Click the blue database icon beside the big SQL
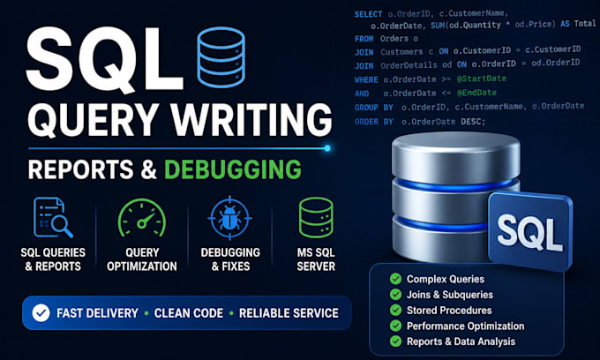(x=221, y=57)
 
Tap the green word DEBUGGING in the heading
(x=233, y=169)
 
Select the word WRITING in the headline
(x=251, y=119)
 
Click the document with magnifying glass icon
(x=53, y=217)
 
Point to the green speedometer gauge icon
(x=142, y=218)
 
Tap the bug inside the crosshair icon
(x=229, y=218)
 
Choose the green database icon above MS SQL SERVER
(x=316, y=218)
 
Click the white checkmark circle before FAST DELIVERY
(x=41, y=313)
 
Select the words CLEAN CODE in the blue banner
(x=189, y=313)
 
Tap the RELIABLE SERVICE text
(x=289, y=313)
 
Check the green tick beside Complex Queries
(x=395, y=279)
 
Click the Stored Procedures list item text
(x=449, y=311)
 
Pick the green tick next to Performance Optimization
(x=395, y=326)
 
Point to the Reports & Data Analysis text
(x=461, y=341)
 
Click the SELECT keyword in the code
(x=368, y=14)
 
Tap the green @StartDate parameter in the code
(x=482, y=79)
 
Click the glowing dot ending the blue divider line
(x=327, y=148)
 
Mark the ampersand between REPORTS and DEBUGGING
(x=149, y=170)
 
